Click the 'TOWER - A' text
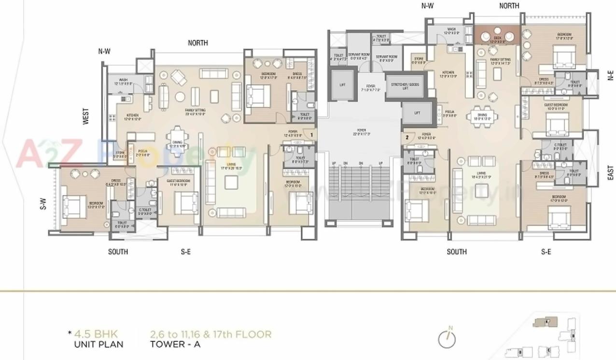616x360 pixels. [175, 345]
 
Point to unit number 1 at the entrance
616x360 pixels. [312, 135]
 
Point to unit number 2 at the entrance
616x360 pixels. [407, 137]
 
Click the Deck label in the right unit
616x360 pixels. [497, 39]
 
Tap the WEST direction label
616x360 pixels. [86, 116]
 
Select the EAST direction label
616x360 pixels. [611, 173]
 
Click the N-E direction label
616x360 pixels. [611, 75]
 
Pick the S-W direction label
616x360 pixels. [43, 206]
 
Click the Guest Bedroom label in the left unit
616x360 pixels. [178, 182]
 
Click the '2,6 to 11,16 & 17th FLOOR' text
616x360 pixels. [210, 334]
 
